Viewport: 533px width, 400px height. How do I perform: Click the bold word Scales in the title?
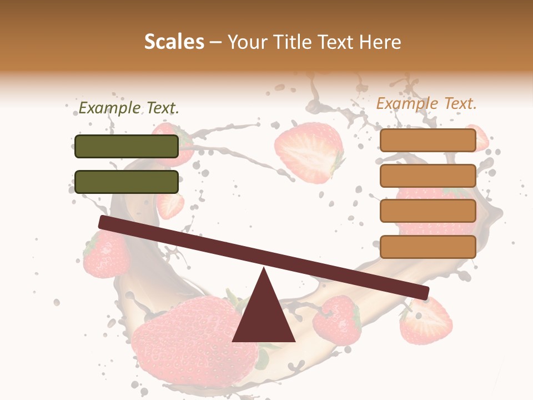click(x=174, y=42)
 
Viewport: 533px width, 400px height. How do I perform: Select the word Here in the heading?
click(x=380, y=42)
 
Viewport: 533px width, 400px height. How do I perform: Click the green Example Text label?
click(x=129, y=108)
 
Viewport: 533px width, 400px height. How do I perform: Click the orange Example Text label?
click(x=426, y=103)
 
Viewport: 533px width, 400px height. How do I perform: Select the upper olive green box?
click(x=127, y=146)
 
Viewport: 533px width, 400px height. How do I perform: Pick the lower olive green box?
click(x=127, y=182)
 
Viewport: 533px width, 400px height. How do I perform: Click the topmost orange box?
click(x=428, y=141)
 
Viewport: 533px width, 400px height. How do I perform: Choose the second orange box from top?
click(x=428, y=176)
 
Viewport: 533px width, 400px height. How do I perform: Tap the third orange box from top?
click(x=428, y=211)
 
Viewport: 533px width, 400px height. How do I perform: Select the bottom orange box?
click(x=428, y=247)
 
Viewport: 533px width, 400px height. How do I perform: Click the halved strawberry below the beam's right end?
click(x=426, y=321)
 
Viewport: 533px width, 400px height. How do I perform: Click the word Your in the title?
click(x=248, y=42)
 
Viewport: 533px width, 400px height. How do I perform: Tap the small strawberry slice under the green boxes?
click(x=170, y=206)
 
